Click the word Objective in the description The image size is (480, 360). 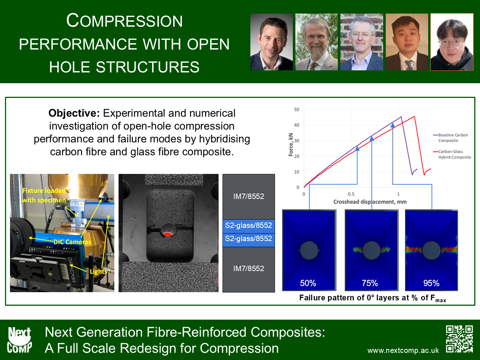tap(74, 114)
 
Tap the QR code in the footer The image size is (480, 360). tap(459, 339)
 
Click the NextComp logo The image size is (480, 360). tap(19, 340)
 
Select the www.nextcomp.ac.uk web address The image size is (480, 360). tap(403, 350)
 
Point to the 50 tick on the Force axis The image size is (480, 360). tap(296, 110)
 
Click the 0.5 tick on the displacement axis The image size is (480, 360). tap(351, 194)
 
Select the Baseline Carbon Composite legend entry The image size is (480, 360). tap(450, 138)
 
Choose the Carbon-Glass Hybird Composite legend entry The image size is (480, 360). tap(452, 154)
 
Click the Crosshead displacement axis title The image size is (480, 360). tap(370, 202)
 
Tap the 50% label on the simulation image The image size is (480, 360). tap(308, 283)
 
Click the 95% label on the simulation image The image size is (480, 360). tap(431, 283)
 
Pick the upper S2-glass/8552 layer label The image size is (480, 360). tap(249, 225)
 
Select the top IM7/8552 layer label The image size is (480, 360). tap(249, 196)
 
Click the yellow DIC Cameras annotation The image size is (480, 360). tap(72, 242)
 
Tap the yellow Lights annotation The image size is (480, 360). tap(99, 271)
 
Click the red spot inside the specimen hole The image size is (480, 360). tap(168, 235)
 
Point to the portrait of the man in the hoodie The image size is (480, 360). tap(452, 42)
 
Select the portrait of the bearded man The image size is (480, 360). tap(316, 42)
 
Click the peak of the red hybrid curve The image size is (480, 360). tap(414, 116)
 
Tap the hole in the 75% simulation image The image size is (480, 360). tap(371, 250)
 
